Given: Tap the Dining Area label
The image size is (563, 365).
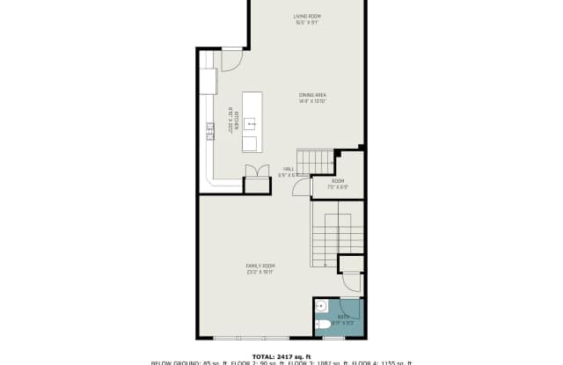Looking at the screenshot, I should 312,95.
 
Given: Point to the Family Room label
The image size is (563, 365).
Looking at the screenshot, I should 260,265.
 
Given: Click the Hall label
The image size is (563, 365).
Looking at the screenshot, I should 288,168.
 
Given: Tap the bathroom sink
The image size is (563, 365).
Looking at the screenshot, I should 322,307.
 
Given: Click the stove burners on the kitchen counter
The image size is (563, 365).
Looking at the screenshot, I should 210,131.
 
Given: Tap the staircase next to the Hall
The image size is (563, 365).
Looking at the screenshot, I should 315,162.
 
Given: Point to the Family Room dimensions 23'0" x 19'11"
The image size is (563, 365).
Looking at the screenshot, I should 260,272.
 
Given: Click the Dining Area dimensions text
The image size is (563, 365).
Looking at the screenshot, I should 312,101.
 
